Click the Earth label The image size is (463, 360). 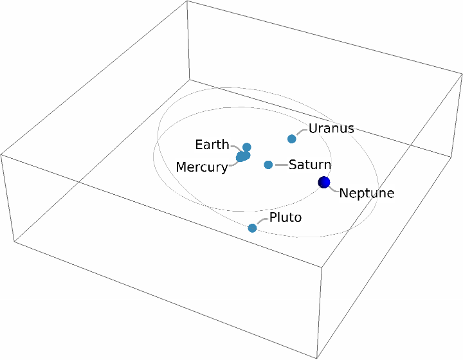coord(212,144)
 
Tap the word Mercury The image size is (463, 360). coord(201,168)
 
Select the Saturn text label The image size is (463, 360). coord(309,165)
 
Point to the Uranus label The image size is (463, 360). coord(331,128)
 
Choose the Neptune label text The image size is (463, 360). coord(367,193)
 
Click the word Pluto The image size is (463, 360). coord(286,217)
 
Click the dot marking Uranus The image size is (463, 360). coord(292,138)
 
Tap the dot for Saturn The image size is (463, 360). coord(268,165)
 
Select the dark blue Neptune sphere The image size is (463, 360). coord(324,183)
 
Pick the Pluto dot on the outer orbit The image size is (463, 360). coord(252,228)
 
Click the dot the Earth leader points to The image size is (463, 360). coord(247,147)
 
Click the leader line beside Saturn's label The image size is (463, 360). coord(281,165)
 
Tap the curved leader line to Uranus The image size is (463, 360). coord(301,132)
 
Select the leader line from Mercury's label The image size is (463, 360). coord(233,162)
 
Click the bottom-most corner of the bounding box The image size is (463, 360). coord(318,358)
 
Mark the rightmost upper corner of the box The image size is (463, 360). coord(462,76)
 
